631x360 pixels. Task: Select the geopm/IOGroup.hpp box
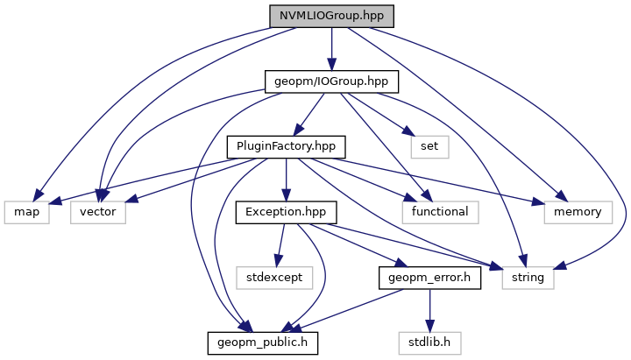coord(331,81)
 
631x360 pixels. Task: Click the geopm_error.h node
coord(429,278)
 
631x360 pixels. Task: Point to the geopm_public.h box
coord(262,342)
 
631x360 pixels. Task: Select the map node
coord(26,211)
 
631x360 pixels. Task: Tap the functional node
coord(436,211)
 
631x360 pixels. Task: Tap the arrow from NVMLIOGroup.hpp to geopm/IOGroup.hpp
coord(331,48)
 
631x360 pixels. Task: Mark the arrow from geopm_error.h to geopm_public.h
coord(351,308)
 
